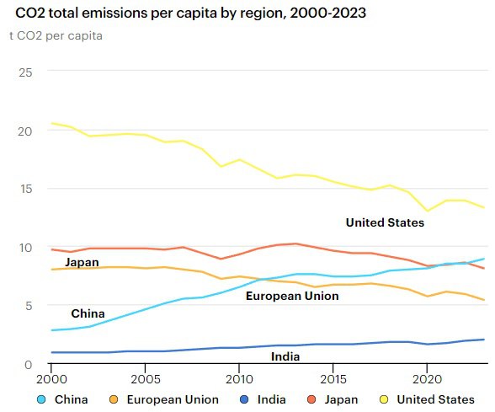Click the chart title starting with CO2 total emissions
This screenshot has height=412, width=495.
190,13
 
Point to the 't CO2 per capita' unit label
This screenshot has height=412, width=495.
56,35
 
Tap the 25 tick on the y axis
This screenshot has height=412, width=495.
25,72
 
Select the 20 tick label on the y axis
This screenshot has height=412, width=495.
25,131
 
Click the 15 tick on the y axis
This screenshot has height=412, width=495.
26,189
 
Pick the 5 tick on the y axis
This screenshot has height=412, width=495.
29,306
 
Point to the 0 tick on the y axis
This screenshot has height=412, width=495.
29,365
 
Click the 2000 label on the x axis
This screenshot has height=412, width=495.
51,379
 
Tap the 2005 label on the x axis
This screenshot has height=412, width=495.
146,379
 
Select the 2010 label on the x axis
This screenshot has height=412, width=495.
239,379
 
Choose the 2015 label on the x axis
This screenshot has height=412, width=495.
333,379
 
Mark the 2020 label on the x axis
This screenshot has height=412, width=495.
427,379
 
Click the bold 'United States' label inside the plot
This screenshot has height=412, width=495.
385,222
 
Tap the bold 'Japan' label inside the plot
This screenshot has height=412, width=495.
82,263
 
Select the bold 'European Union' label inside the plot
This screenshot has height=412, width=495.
292,296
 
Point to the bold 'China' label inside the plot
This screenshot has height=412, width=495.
88,313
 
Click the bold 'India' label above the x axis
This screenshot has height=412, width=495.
285,356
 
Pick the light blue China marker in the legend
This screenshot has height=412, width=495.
41,399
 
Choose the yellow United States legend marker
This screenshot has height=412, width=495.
384,399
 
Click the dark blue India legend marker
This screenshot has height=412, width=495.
244,399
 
